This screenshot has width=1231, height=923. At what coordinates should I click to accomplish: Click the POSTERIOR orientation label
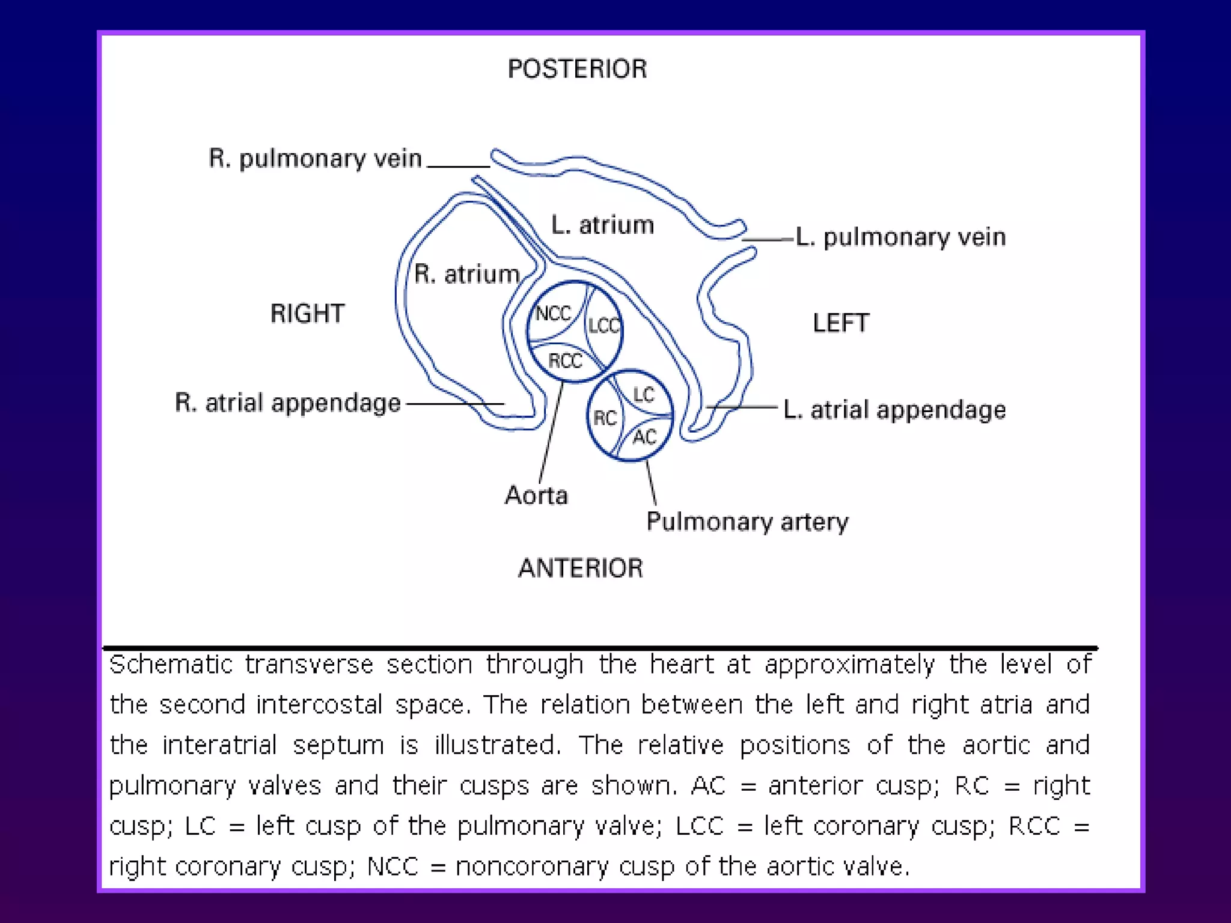coord(577,69)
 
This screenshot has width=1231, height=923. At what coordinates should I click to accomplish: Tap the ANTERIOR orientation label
coord(581,568)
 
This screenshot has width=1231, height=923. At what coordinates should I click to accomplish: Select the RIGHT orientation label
coord(307,314)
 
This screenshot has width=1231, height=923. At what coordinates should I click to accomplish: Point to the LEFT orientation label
coord(841,323)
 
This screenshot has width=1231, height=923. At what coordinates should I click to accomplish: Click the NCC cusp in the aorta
coord(553,314)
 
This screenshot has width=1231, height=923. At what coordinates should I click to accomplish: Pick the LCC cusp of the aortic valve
coord(603,326)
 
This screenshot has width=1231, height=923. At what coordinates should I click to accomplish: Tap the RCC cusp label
coord(565,361)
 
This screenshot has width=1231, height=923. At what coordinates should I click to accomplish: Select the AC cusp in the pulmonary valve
coord(644,437)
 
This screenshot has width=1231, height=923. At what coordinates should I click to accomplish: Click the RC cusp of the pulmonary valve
coord(605,418)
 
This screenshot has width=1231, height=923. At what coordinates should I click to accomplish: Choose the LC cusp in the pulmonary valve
coord(643,395)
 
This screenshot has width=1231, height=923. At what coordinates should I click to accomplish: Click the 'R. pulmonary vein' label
coord(315,159)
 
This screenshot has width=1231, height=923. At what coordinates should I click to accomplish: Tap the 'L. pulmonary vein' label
coord(900,237)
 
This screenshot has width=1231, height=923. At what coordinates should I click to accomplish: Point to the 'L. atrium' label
coord(602,225)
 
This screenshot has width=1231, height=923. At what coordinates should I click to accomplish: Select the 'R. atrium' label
coord(467,274)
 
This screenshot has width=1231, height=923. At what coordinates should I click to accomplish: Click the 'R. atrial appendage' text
coord(288,403)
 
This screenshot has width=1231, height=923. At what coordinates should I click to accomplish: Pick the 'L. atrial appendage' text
coord(894,410)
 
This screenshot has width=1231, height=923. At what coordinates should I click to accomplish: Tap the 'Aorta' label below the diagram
coord(536,496)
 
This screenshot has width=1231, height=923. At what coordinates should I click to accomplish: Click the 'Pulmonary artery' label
coord(747,522)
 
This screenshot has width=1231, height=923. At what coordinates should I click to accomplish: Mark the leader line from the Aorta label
coord(551,433)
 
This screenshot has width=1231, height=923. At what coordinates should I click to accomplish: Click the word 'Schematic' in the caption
coord(171,665)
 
